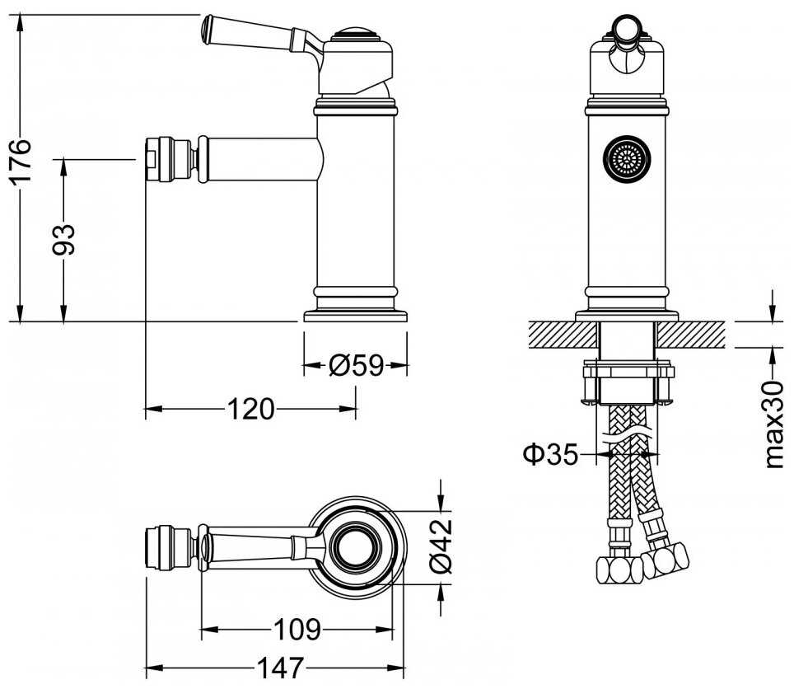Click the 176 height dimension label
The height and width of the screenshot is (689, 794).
(22, 162)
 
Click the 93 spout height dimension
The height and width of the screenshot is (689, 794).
(64, 240)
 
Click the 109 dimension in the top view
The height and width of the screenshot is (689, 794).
(297, 630)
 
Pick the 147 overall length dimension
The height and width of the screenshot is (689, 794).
(280, 666)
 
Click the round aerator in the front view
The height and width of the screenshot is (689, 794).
(626, 157)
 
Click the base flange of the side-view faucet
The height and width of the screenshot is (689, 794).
(356, 316)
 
